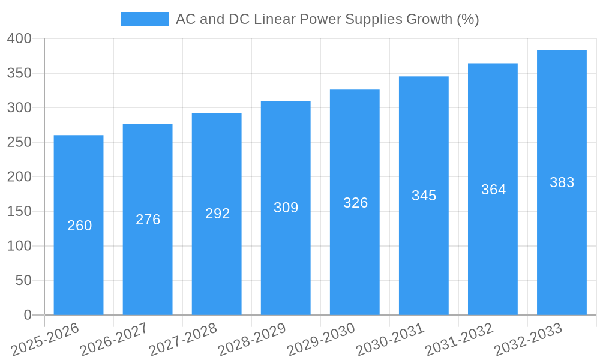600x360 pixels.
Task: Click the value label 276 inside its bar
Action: coord(148,220)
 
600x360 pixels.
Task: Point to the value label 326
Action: coord(355,203)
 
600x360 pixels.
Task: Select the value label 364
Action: coord(493,190)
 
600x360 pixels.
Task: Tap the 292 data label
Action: coord(217,214)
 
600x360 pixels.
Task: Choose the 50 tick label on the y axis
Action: coord(23,281)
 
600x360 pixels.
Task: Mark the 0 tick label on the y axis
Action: coord(28,315)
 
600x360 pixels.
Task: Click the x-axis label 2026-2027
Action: coord(114,339)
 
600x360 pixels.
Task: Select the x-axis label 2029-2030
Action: coord(321,339)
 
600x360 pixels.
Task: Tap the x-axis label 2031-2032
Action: coord(459,339)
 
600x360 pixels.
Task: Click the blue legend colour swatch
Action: coord(145,19)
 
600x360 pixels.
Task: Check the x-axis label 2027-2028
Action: coord(183,339)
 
